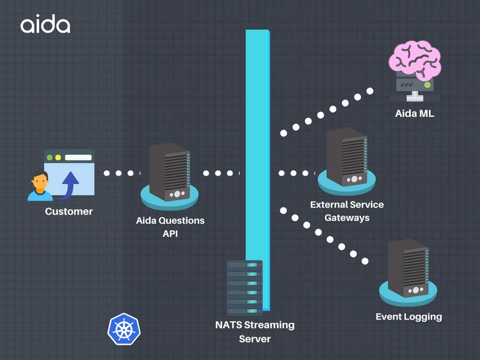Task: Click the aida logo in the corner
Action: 45,25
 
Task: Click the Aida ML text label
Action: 415,113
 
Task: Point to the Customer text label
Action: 69,211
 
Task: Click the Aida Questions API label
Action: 170,226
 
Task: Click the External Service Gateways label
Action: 347,211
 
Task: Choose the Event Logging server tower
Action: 408,269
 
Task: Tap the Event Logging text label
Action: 409,316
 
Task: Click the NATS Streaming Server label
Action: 255,331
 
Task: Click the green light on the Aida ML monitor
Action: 427,85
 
